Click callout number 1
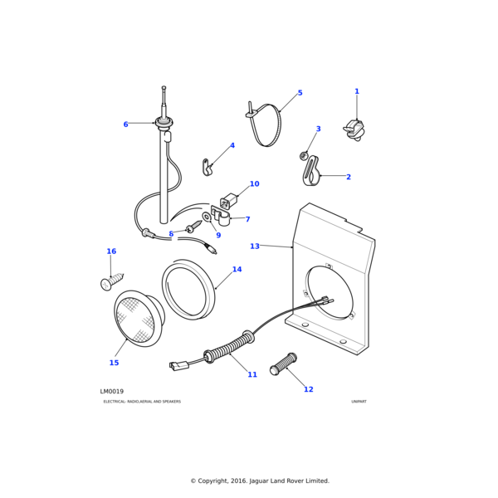[357, 92]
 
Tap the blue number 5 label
[300, 93]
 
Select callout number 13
[255, 247]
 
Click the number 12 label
[308, 389]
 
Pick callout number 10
[254, 184]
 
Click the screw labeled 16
[111, 281]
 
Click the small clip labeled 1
[355, 129]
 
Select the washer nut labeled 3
[305, 155]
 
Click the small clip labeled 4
[207, 168]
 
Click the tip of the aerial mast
[164, 88]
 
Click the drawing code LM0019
[112, 392]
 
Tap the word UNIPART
[359, 402]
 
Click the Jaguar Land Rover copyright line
[260, 481]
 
